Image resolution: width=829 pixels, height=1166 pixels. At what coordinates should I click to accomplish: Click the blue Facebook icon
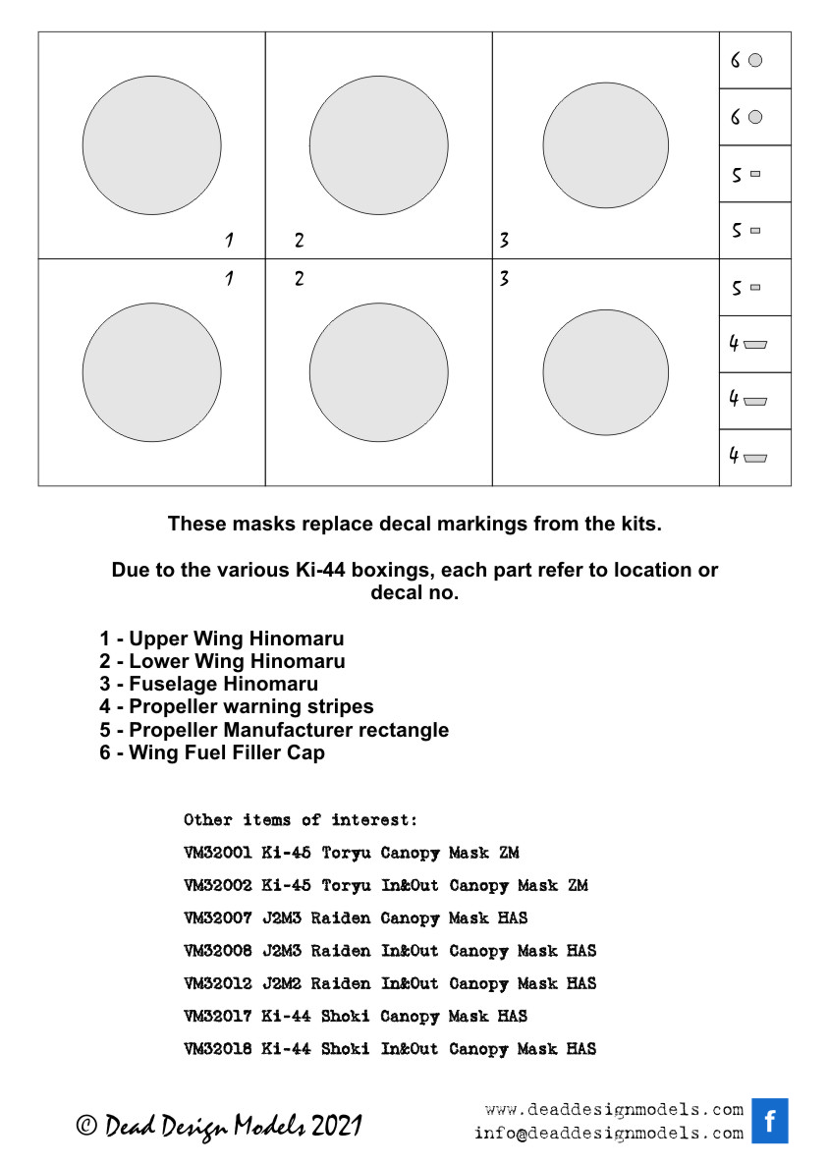coord(770,1121)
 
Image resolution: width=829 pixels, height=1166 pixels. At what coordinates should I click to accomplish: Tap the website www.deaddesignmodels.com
coord(614,1110)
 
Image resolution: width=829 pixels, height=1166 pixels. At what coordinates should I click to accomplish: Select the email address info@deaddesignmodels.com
coord(609,1134)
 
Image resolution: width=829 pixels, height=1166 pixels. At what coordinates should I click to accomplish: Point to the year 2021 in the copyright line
coord(337,1126)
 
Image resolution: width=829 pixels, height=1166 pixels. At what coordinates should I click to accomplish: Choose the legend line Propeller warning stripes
coord(236,707)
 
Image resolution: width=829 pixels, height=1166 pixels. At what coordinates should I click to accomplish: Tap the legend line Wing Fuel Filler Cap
coord(211,753)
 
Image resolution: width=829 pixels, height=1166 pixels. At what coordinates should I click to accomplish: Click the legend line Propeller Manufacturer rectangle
coord(273,731)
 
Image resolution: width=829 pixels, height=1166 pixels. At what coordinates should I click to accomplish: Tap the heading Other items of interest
coord(301,819)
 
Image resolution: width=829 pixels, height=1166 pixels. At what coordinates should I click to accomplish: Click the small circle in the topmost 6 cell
coord(755,61)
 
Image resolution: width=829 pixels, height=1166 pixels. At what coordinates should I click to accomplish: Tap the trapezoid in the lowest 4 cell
coord(755,458)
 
